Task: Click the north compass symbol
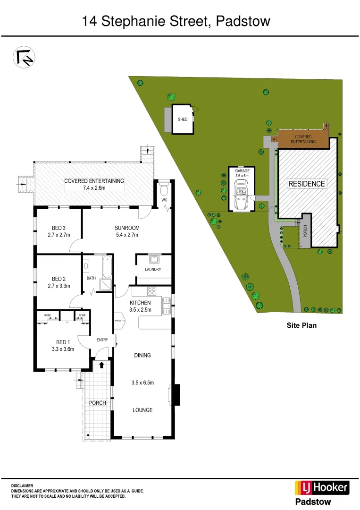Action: [x=24, y=58]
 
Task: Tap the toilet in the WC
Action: [x=164, y=190]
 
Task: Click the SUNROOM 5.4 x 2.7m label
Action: [x=127, y=231]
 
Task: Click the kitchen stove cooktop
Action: [x=152, y=291]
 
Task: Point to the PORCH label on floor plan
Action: [x=98, y=403]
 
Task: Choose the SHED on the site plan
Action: [x=183, y=119]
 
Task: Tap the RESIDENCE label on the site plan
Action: [x=307, y=184]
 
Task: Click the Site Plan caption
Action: [x=301, y=325]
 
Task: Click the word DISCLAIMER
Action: [x=22, y=485]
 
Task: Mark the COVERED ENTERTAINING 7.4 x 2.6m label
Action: [x=94, y=184]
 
